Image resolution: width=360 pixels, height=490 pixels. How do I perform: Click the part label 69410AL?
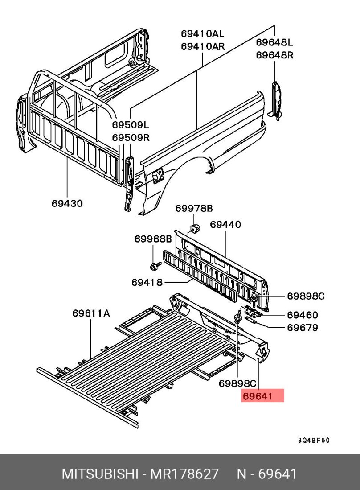tap(202, 34)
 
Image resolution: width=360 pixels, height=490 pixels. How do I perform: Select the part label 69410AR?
tap(202, 46)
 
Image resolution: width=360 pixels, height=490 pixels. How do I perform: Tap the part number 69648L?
tap(274, 42)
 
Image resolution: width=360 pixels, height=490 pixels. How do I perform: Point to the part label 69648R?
tap(274, 55)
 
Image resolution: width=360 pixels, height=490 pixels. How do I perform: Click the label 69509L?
tap(131, 125)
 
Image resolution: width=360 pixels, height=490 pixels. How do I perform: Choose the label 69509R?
tap(131, 138)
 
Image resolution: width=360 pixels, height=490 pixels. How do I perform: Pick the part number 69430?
tap(67, 203)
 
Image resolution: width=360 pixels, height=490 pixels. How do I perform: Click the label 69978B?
tap(194, 208)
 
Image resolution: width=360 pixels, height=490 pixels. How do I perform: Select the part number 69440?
tap(225, 225)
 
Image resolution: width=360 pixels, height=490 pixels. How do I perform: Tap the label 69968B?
tap(153, 239)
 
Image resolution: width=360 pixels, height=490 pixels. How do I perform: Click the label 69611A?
tap(91, 313)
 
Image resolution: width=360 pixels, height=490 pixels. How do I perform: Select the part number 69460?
tap(302, 315)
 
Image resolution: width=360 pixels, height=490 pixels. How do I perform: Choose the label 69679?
tap(302, 328)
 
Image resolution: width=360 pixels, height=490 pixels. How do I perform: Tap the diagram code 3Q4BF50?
tap(314, 441)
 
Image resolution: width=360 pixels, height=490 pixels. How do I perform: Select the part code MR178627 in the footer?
tap(184, 474)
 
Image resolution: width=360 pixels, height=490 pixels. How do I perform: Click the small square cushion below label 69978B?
tap(195, 229)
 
